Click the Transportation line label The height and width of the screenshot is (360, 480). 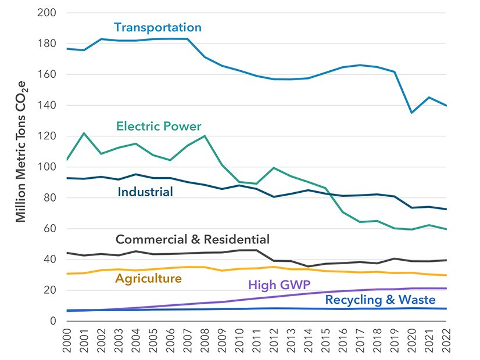click(x=157, y=27)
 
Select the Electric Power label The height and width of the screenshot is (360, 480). click(x=159, y=126)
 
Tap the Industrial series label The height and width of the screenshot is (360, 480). click(x=145, y=192)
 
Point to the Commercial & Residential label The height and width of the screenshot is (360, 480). click(x=192, y=239)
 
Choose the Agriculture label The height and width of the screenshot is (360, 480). click(x=148, y=279)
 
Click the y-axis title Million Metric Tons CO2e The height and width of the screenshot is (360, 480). click(x=22, y=165)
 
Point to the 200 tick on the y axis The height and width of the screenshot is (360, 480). click(x=47, y=13)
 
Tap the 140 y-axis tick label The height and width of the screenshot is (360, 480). click(x=47, y=105)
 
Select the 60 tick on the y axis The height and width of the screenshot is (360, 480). click(x=51, y=229)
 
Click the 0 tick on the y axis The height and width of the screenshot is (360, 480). click(x=53, y=321)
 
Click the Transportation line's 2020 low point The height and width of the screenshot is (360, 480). click(x=412, y=113)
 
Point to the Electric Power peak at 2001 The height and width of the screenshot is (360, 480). click(x=84, y=134)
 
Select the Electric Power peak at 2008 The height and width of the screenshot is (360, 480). click(x=205, y=136)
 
